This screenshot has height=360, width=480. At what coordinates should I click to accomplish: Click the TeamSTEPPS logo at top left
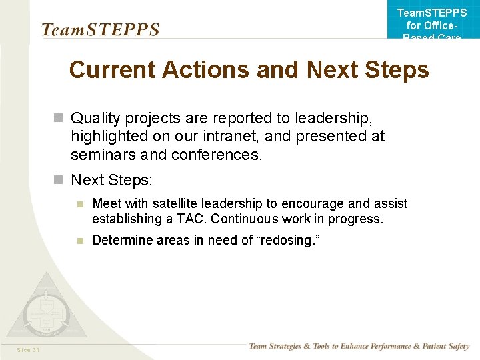coord(100,30)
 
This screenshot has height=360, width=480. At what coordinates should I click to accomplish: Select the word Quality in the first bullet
coord(95,118)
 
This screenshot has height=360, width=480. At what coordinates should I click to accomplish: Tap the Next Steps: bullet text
coord(111,180)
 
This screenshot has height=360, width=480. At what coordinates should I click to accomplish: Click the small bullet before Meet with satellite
coord(79,204)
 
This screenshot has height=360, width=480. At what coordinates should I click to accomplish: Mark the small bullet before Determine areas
coord(79,241)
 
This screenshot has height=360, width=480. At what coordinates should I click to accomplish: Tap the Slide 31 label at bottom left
coord(29,350)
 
